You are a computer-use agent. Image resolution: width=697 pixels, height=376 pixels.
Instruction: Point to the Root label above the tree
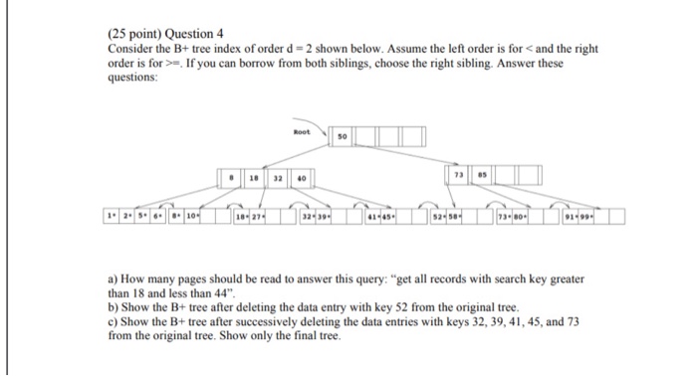coord(303,130)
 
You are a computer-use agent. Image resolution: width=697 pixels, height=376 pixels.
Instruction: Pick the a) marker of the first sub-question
coord(113,282)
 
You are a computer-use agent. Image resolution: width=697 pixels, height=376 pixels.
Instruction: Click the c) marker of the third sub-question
coord(113,322)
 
